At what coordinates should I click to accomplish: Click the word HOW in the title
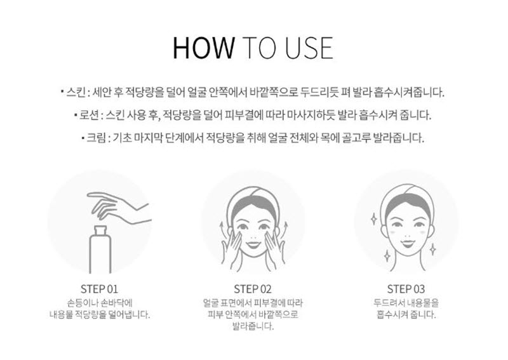(204, 48)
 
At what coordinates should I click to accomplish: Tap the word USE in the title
(309, 48)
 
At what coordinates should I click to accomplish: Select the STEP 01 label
(99, 289)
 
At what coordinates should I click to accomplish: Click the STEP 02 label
(253, 289)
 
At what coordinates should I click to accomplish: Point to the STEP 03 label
(406, 289)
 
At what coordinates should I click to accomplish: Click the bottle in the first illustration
(100, 249)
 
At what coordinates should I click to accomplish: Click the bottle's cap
(100, 230)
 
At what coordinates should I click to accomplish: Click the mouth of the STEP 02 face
(253, 243)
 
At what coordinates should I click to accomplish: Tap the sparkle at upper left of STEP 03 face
(374, 218)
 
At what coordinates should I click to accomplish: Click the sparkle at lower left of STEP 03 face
(387, 255)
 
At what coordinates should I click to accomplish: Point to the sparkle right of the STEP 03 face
(432, 249)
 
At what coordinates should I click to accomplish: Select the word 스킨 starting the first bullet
(76, 92)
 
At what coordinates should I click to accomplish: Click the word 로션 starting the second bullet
(89, 115)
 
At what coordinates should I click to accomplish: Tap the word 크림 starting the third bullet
(96, 138)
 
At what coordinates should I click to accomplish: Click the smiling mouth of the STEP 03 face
(406, 242)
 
